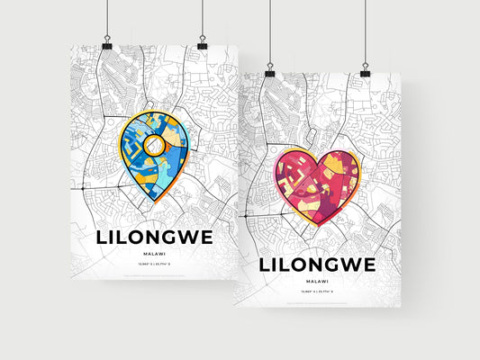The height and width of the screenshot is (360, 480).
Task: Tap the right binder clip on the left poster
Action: coord(202,43)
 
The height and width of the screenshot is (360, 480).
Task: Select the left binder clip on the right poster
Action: coord(269,70)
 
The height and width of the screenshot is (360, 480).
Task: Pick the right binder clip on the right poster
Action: coord(366,70)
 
